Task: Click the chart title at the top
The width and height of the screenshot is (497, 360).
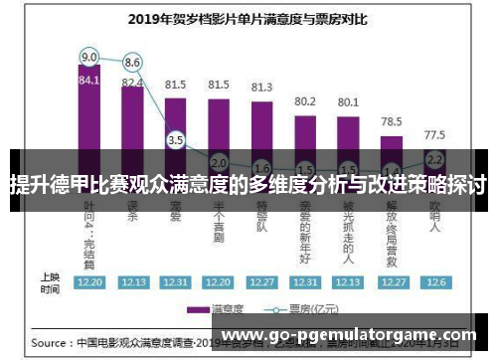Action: tap(249, 17)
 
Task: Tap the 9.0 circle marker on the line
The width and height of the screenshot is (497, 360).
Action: tap(89, 56)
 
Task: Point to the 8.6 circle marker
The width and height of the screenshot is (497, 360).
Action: tap(132, 62)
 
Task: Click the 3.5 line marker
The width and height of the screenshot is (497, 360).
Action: tap(176, 140)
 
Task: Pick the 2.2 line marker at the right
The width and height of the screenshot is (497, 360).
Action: tap(434, 158)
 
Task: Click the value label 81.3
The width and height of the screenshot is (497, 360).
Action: tap(261, 87)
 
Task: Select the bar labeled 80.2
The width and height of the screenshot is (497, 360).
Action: tap(305, 129)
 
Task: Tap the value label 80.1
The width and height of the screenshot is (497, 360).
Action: tap(348, 101)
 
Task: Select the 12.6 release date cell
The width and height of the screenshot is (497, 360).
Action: tap(434, 281)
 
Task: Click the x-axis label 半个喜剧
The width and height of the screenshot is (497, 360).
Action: tap(219, 228)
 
